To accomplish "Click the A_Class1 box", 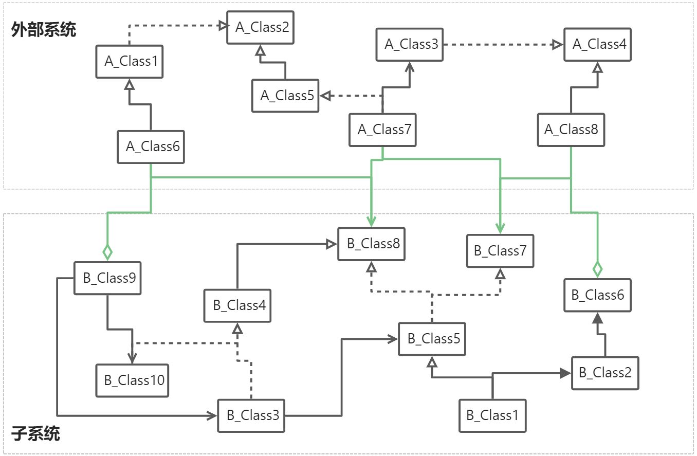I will tap(130, 61).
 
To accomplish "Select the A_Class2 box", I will tap(262, 28).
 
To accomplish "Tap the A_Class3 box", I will tap(409, 44).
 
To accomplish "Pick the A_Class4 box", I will tap(597, 44).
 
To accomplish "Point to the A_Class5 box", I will tap(285, 96).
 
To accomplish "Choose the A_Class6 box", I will tap(151, 147).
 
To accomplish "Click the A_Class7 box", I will tap(382, 129).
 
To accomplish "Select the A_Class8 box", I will tap(571, 130).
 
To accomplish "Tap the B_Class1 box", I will tap(492, 415).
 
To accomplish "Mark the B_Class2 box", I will tap(605, 373).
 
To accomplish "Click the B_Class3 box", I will tap(251, 415).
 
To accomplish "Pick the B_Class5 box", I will tap(432, 339).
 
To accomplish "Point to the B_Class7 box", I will tap(500, 251).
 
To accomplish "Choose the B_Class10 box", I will tap(133, 380).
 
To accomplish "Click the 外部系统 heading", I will tap(44, 30).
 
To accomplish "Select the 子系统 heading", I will tap(35, 434).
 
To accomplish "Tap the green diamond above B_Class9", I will tap(107, 252).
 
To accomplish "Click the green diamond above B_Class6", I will tap(597, 269).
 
